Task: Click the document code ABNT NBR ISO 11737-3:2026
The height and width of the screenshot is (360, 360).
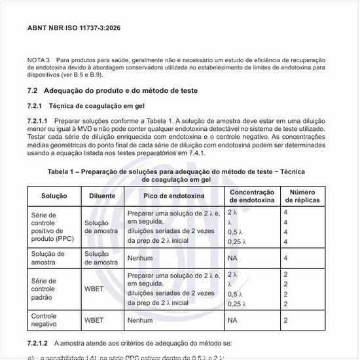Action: click(x=73, y=28)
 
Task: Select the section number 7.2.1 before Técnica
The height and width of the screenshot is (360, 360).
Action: click(x=35, y=105)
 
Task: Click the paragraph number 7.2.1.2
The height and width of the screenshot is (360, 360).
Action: click(x=37, y=343)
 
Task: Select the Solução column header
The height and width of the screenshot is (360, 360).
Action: click(x=54, y=196)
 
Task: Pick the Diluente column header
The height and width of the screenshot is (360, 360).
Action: click(x=101, y=196)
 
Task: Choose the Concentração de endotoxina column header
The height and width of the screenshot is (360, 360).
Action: click(x=251, y=196)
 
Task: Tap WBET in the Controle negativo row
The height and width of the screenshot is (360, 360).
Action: click(x=94, y=321)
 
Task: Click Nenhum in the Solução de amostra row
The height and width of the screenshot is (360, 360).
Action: click(x=140, y=258)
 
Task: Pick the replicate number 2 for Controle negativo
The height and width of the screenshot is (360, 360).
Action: click(x=285, y=321)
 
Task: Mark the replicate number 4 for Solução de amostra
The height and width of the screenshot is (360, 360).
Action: click(x=285, y=258)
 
